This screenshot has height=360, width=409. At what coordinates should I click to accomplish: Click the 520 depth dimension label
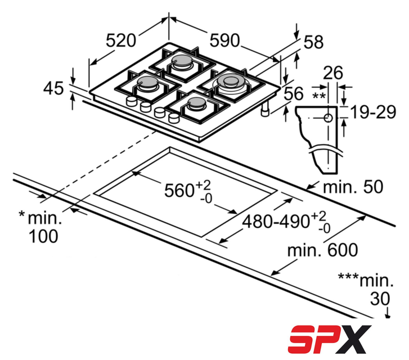pos(121,40)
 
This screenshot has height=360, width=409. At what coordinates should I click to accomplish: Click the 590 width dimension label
pos(224,40)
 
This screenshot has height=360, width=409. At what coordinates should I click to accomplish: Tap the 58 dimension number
pos(313,42)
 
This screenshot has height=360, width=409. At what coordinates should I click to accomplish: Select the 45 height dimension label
pos(53,88)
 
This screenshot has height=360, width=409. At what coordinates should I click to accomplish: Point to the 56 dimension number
pos(294,93)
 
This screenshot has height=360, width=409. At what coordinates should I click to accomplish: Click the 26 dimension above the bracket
pos(333,73)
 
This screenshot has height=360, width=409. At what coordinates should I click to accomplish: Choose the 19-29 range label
pos(373,112)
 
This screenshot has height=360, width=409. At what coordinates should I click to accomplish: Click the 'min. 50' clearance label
pos(353,187)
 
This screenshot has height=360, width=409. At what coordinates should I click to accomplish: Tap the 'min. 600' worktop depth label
pos(322,250)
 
